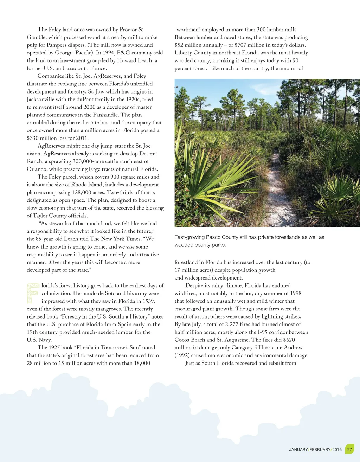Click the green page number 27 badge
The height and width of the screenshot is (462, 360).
[x=349, y=449]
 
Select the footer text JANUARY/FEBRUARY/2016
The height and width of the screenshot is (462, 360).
[x=315, y=450]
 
